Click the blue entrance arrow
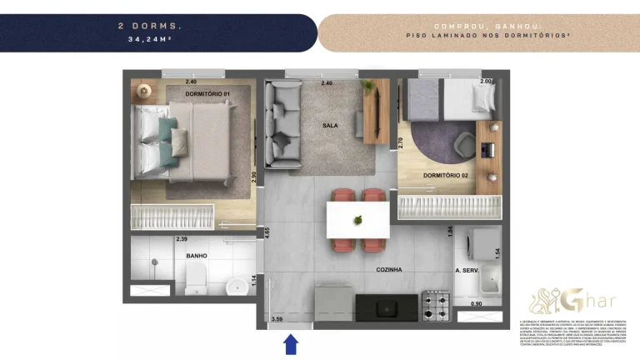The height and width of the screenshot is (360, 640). tap(291, 343)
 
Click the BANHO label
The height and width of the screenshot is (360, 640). tap(197, 256)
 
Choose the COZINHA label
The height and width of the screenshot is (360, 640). tap(389, 270)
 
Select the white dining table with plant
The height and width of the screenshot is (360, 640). tap(358, 219)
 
